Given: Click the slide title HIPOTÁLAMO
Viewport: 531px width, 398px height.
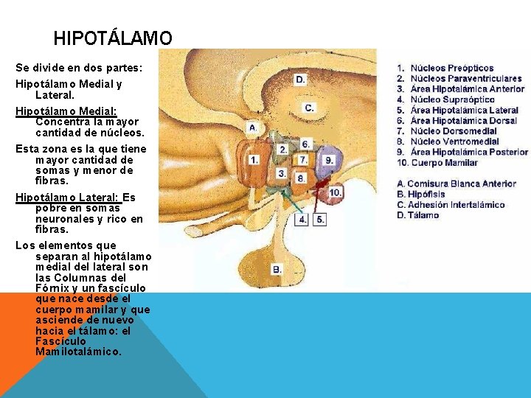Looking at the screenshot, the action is pos(113,38).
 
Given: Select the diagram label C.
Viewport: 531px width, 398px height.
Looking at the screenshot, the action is pos(310,108).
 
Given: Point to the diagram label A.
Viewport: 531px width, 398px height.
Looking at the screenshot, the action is pos(253,128).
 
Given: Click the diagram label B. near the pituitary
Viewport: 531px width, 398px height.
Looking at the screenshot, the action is pos(277,270).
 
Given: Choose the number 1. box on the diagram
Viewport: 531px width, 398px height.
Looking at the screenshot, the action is pos(254,158).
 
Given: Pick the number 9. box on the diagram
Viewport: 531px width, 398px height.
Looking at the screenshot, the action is pos(329,160).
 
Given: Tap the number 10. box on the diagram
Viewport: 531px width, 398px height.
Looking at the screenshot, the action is pos(335,192).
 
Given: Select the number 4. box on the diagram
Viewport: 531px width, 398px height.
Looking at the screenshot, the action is pos(303,219).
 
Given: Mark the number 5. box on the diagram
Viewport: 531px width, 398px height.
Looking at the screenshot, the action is pos(320,219).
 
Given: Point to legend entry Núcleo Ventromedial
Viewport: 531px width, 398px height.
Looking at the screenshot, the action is pos(454,142).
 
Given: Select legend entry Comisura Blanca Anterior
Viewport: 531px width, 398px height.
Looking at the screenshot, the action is pos(461,184).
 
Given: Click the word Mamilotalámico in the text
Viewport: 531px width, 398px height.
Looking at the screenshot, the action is pos(78,352).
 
